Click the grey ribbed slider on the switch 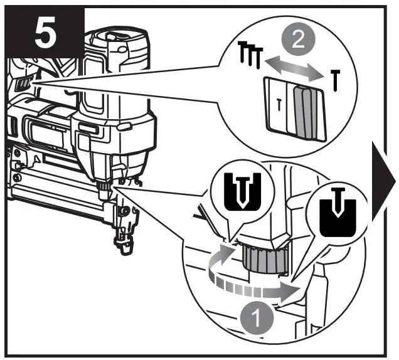[305, 114]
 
